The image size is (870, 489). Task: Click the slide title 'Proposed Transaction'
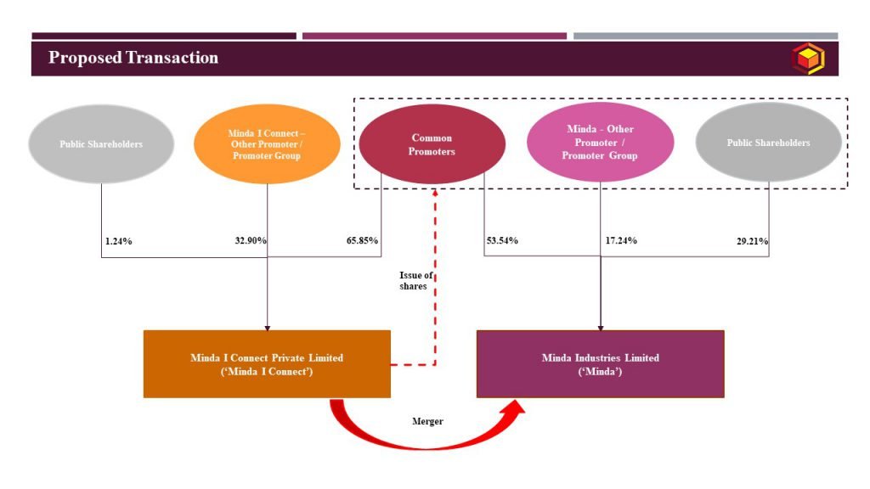click(x=133, y=58)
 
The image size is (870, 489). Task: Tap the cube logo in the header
click(x=808, y=59)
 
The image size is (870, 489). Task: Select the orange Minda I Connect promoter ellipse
click(x=267, y=144)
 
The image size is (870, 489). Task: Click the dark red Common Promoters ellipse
click(x=432, y=144)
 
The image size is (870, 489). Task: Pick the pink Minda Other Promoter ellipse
click(x=601, y=142)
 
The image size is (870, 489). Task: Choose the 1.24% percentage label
click(x=119, y=241)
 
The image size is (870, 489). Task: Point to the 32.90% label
click(x=251, y=240)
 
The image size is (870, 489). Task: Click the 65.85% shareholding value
click(x=362, y=240)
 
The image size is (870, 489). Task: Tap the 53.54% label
click(x=502, y=240)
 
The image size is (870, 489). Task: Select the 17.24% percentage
click(x=621, y=240)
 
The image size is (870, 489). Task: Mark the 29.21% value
click(x=753, y=241)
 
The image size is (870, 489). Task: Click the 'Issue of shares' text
click(x=415, y=280)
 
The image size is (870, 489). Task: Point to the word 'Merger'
click(x=428, y=421)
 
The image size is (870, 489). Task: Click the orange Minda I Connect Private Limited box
click(x=267, y=364)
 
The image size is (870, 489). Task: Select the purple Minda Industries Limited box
click(x=601, y=364)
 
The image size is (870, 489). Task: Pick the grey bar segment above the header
click(x=706, y=36)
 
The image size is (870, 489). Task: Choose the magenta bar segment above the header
click(x=434, y=36)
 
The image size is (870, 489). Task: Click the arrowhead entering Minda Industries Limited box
click(x=601, y=329)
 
